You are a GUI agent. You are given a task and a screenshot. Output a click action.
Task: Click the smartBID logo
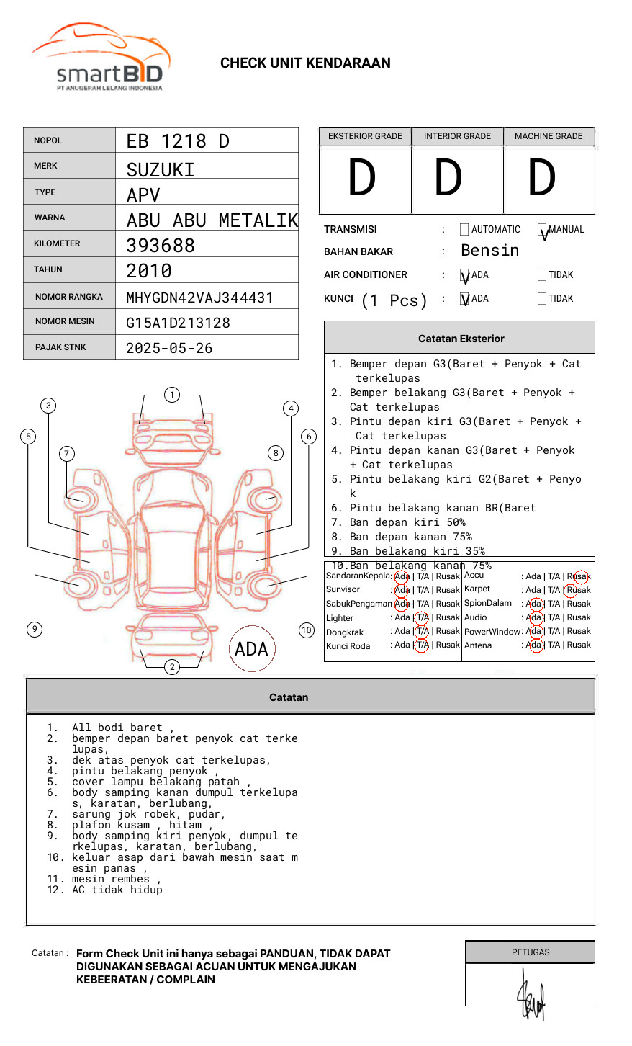coord(101,58)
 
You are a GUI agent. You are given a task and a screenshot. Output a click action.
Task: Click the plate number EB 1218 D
coord(178,141)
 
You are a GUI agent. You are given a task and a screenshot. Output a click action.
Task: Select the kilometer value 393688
coord(161,246)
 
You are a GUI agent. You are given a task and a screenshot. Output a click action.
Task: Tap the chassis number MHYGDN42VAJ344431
coord(199,298)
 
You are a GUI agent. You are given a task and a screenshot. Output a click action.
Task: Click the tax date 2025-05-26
coord(169,348)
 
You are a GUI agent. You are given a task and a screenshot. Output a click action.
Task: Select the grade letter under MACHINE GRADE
coord(542,178)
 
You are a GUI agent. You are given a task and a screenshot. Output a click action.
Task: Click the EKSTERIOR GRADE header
coord(365,136)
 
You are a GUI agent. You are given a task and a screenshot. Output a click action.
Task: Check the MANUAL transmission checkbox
coord(542,231)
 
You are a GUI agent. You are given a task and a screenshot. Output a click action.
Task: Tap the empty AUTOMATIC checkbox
coord(464,230)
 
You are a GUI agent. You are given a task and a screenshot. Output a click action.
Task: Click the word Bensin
coord(489,251)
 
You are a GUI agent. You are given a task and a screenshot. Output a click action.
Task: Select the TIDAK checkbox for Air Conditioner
coord(542,274)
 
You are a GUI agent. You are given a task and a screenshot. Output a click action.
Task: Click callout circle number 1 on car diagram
coord(171,395)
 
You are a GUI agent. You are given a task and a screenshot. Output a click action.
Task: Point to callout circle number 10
coord(307,630)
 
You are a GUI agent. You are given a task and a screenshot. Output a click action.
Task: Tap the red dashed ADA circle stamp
coord(252,648)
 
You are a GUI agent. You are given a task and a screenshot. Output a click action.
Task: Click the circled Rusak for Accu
coord(579,576)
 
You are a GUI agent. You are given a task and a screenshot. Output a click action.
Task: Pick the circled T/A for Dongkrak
coord(422,631)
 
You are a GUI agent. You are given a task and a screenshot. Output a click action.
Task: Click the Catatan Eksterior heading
coord(461,339)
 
